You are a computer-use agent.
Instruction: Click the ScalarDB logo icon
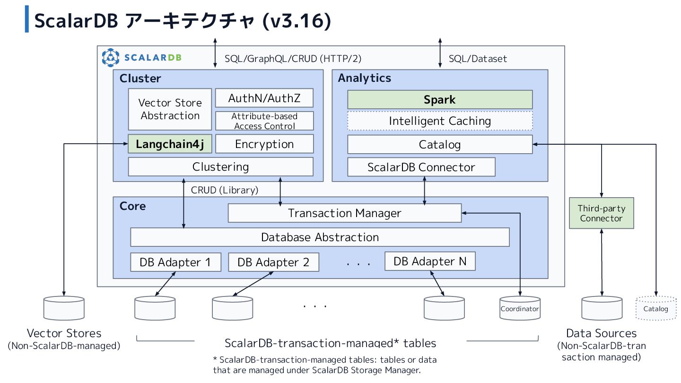tap(110, 58)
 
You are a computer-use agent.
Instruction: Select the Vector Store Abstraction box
tap(170, 109)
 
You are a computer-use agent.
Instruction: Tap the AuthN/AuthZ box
tap(264, 98)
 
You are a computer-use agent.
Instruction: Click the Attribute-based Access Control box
tap(264, 121)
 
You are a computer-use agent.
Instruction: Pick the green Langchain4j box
tap(170, 144)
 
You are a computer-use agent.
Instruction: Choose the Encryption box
tap(264, 144)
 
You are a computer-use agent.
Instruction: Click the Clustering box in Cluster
tap(220, 166)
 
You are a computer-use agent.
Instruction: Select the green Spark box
tap(440, 99)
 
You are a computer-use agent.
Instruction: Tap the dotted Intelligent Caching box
tap(440, 121)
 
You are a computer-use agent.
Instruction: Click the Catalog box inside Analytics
tap(440, 144)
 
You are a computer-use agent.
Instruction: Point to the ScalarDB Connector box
tap(421, 167)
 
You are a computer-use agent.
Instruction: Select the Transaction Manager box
tap(344, 213)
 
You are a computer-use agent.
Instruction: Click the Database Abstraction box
tap(320, 237)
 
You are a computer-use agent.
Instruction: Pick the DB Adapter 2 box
tap(273, 262)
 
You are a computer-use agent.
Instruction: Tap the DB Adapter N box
tap(430, 261)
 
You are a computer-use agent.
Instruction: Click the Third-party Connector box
tap(601, 213)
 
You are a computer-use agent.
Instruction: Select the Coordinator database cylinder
tap(520, 309)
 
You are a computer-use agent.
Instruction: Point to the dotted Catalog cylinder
tap(656, 309)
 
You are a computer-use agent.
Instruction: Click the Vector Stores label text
tap(64, 333)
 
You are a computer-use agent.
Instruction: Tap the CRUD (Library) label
tap(225, 190)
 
